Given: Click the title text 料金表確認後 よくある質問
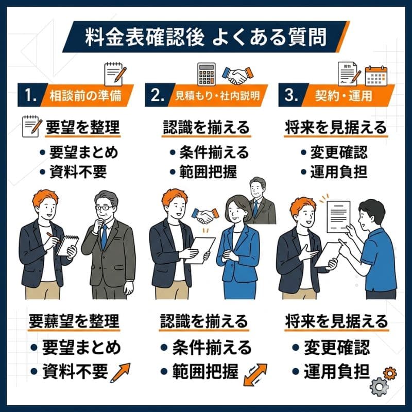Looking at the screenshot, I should click(206, 37).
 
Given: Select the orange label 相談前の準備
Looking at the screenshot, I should click(85, 96).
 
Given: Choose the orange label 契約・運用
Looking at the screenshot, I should click(342, 96).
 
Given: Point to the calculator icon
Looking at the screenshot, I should click(208, 74).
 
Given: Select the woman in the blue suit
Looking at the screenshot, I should click(238, 247).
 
